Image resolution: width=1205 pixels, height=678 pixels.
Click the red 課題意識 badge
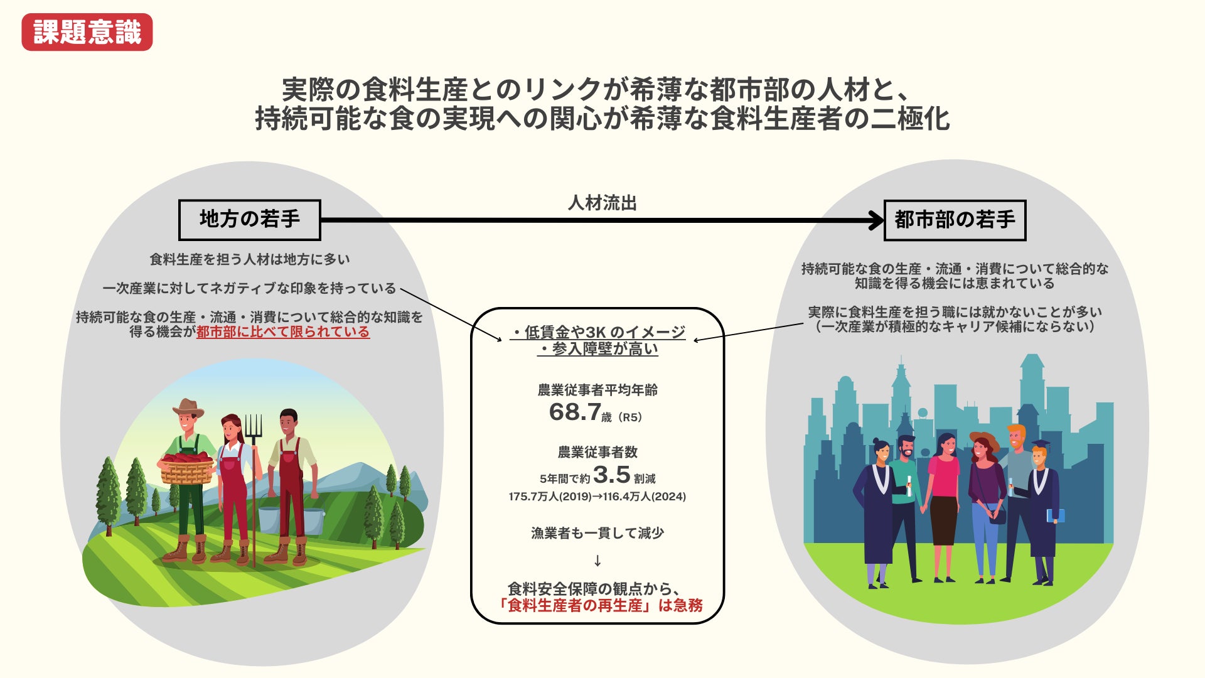coord(87,32)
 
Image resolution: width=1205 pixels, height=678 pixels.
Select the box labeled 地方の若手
coord(249,220)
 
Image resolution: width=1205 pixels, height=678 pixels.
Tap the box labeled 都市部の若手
coord(954,220)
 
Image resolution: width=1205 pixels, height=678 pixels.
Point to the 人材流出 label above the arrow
coord(602,203)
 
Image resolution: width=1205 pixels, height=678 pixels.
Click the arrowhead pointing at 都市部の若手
coord(876,220)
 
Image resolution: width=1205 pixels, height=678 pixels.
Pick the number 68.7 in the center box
coord(575,412)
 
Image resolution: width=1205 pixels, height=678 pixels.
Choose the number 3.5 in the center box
coord(611,475)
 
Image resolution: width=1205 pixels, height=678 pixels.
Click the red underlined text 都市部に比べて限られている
coord(283,332)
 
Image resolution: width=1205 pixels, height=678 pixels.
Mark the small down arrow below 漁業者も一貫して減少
coord(597,561)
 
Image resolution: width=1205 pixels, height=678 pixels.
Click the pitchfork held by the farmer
coord(254,433)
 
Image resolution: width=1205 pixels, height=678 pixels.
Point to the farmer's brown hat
coord(188,408)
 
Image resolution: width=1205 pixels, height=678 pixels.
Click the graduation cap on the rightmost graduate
coord(1039,444)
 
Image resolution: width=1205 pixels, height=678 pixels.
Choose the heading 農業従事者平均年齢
coord(597,390)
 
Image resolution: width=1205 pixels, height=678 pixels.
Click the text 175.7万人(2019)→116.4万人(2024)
coord(597,497)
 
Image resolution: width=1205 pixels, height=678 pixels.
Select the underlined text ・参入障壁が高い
coord(597,349)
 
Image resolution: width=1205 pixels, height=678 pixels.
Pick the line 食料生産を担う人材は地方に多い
coord(250,259)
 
